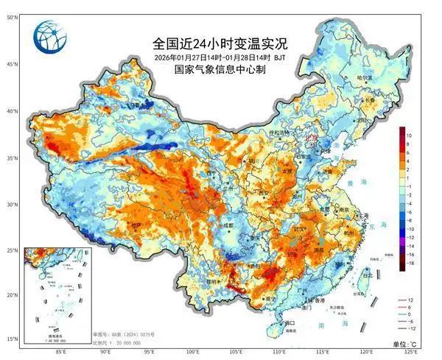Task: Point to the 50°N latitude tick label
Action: pos(13,16)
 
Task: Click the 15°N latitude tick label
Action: pos(13,339)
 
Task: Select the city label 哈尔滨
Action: pos(366,77)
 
